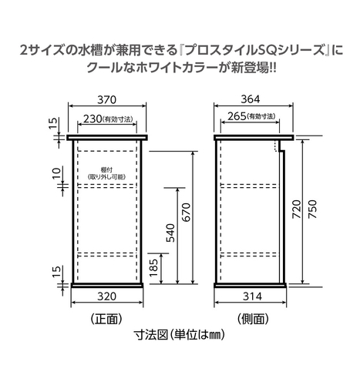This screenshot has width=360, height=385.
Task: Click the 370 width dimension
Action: pos(106,99)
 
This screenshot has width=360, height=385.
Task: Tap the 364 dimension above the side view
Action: pos(251,99)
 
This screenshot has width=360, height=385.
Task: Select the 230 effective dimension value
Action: pos(93,119)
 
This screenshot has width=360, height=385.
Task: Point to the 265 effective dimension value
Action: pos(237,116)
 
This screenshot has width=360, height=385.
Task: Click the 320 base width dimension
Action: pos(106,296)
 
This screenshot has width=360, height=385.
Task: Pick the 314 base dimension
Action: pos(252,296)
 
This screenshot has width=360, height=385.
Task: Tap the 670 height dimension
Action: pos(186,213)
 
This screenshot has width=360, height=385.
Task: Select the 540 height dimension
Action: pos(170,233)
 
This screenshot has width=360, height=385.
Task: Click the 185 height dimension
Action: pos(153,268)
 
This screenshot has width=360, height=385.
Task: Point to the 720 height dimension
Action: pos(297,209)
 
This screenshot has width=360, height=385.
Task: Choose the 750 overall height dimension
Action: pos(313,209)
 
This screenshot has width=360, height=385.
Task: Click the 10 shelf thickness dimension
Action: pos(56,173)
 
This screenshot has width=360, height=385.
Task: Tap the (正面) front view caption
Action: pos(106,319)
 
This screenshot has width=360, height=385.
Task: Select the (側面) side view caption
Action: pos(253,319)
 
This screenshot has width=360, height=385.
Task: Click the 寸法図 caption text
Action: pos(151,335)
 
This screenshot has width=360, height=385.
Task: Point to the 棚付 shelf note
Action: pos(106,169)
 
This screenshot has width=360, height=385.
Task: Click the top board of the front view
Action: pos(107,138)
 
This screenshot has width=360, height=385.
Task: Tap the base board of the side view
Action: pos(251,286)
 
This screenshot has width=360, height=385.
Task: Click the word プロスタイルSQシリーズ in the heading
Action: pos(254,50)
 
